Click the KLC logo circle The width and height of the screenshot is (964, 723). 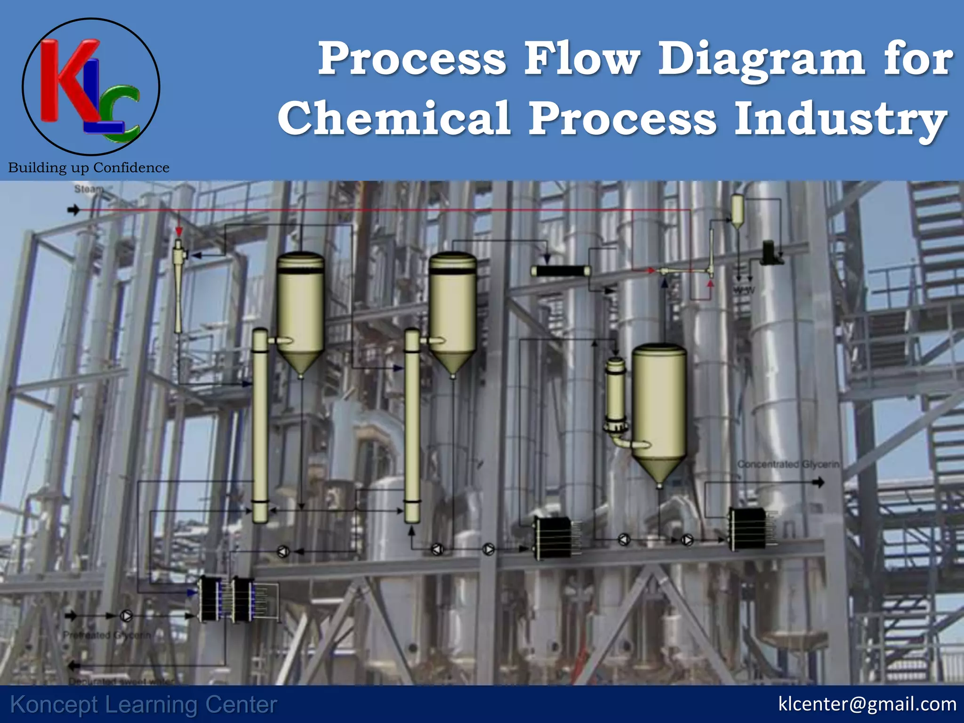coord(91,87)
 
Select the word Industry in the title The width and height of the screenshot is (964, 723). coord(840,119)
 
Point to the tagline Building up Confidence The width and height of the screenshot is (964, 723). coord(88,168)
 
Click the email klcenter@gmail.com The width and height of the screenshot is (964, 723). coord(867,704)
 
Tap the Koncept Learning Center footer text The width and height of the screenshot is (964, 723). coord(144,705)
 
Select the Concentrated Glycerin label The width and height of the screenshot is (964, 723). coord(788,465)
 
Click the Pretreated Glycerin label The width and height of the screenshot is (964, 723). coord(107,635)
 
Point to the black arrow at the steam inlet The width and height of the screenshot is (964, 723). coord(73,209)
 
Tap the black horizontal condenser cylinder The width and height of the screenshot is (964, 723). coord(561,271)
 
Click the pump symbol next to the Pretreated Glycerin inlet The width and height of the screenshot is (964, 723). coord(126,615)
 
